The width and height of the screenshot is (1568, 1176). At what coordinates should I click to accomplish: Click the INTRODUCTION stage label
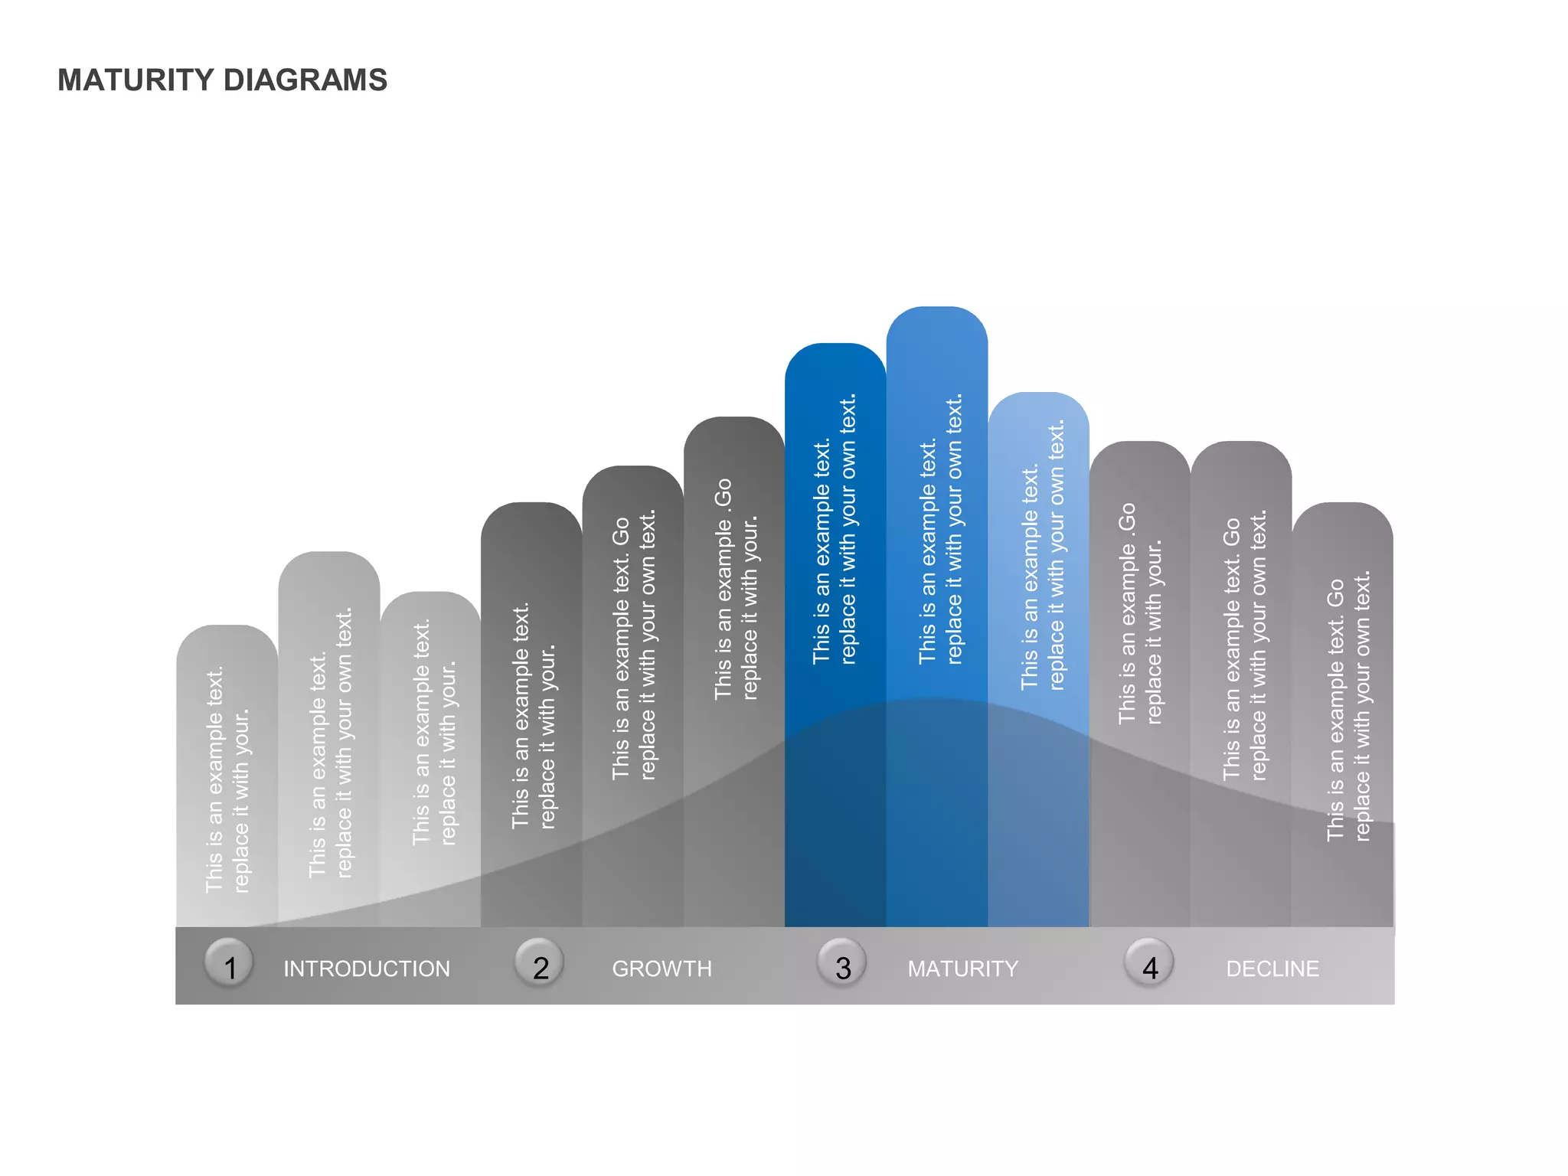(x=367, y=969)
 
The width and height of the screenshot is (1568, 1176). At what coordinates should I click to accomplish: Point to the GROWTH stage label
(x=661, y=969)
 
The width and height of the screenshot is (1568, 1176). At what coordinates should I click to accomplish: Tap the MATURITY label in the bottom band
(x=962, y=969)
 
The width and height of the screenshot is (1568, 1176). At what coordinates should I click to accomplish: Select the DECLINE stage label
(x=1272, y=969)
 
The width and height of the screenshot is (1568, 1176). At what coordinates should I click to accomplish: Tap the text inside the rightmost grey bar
(x=1348, y=707)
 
